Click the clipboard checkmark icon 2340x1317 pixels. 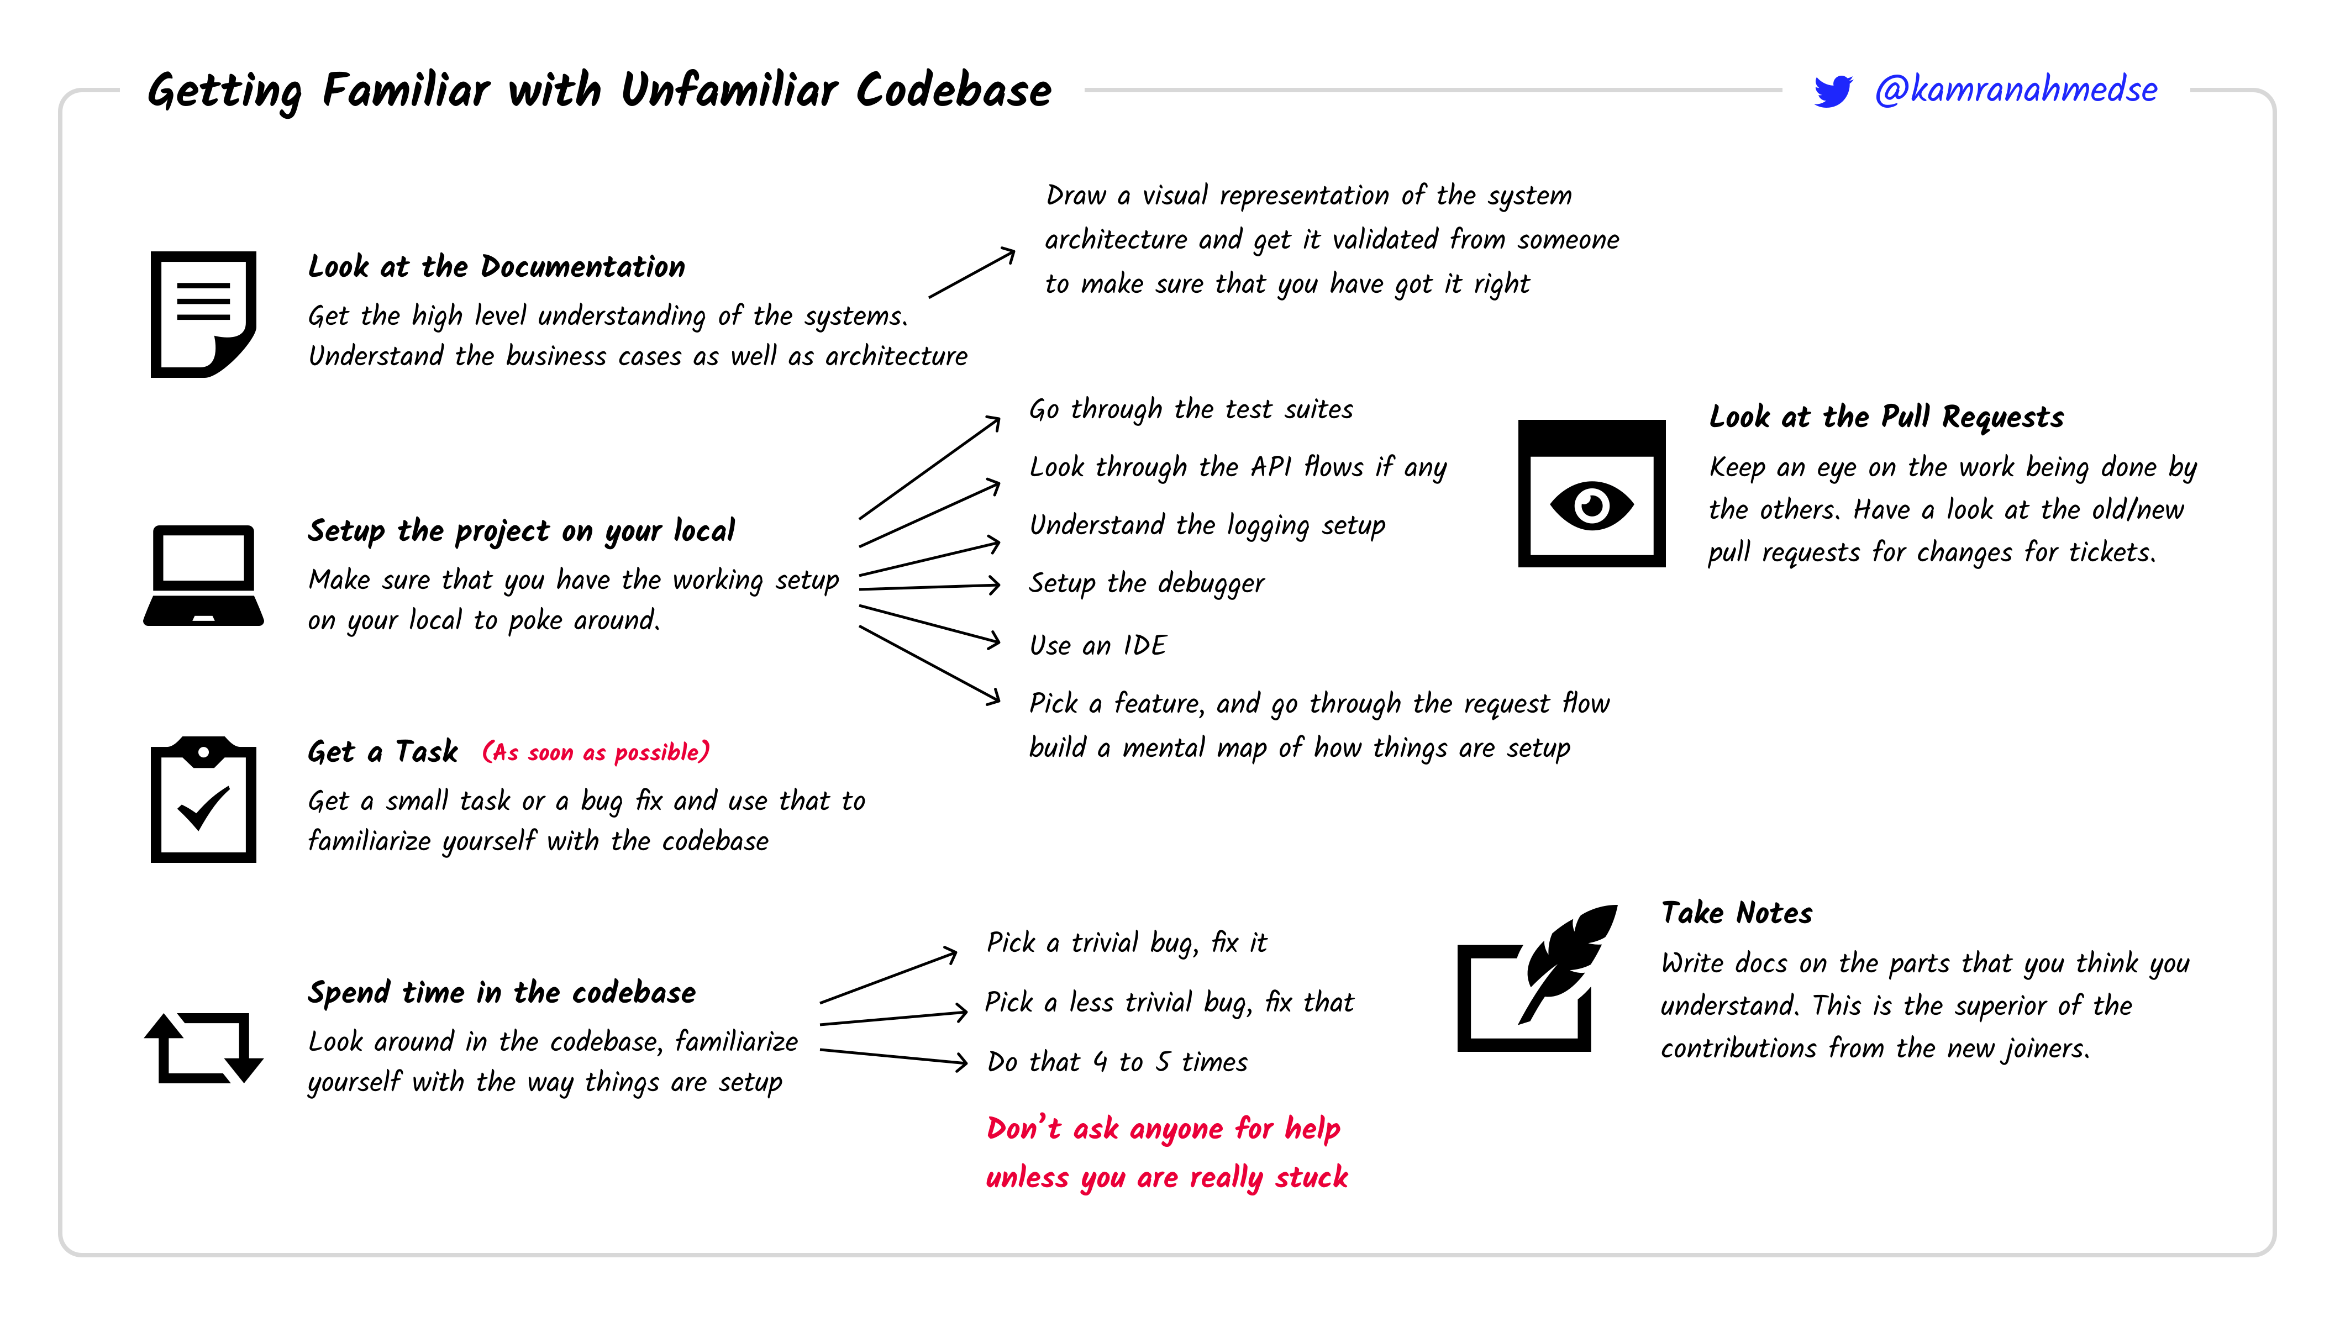[203, 800]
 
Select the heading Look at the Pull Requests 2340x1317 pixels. [1886, 417]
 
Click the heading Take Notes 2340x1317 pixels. [1737, 913]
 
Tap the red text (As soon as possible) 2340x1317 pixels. [596, 752]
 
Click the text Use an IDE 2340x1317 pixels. [1097, 645]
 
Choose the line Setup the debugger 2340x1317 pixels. [1147, 583]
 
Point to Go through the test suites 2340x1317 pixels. [1191, 410]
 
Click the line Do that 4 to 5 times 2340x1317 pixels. [1117, 1062]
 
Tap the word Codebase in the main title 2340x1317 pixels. [953, 91]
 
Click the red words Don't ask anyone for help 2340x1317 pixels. [1163, 1129]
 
